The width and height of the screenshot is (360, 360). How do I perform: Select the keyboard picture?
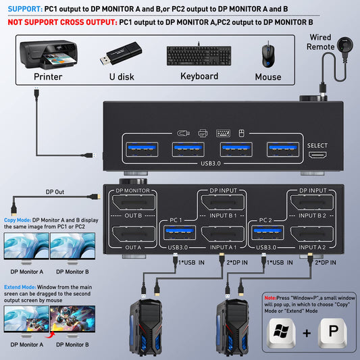pos(199,55)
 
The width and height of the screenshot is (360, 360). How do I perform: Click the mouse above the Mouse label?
pos(268,55)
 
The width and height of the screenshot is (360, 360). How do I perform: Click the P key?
pos(330,332)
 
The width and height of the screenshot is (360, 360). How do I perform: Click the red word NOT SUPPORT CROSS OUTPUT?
pos(59,22)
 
